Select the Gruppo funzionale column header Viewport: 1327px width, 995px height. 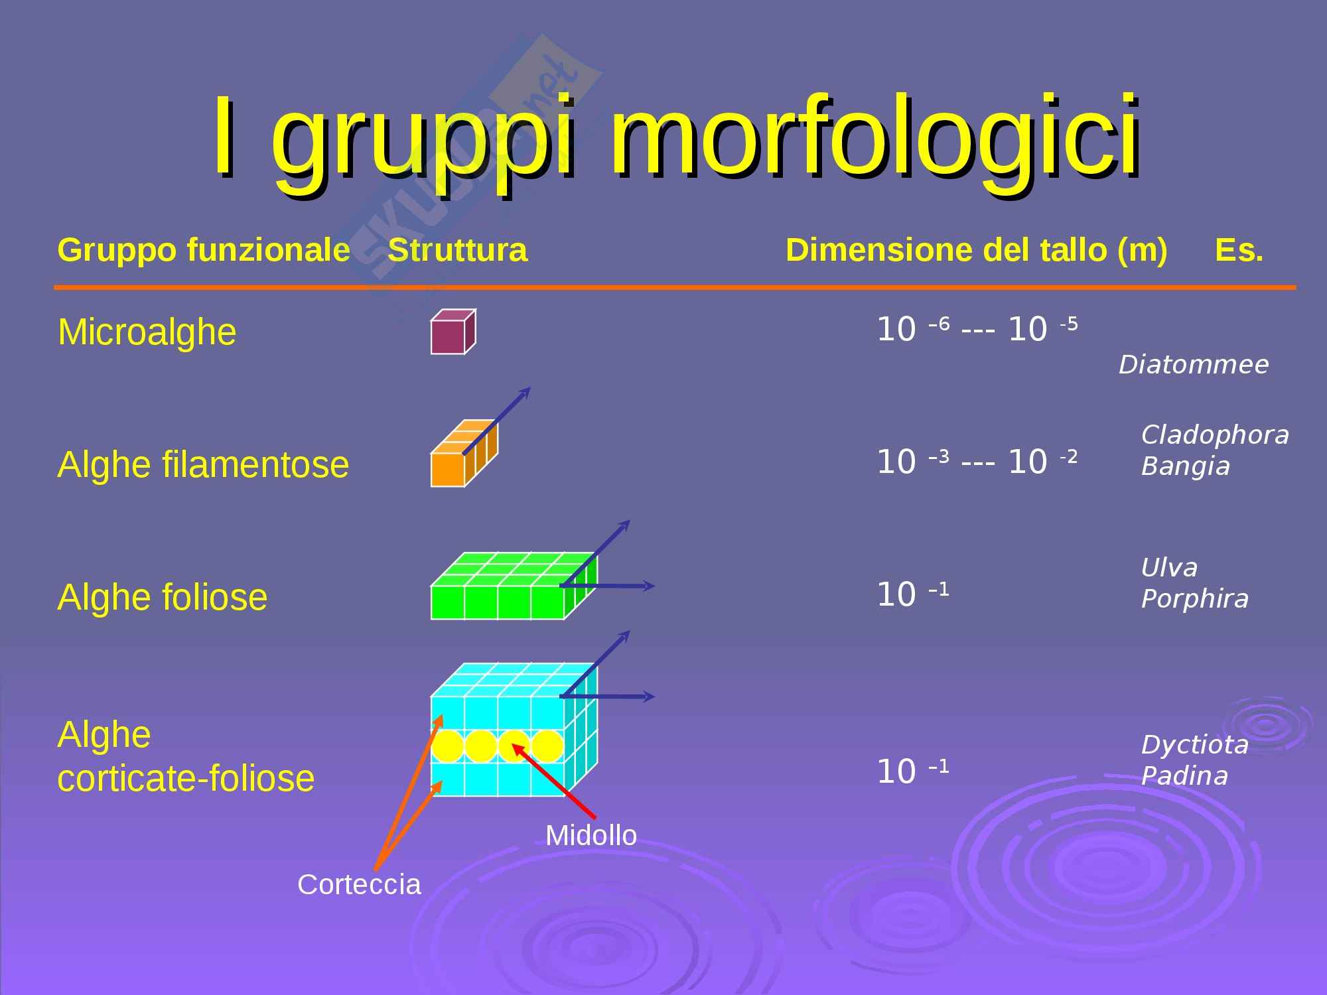[x=204, y=250]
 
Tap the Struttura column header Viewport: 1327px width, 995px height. [x=458, y=250]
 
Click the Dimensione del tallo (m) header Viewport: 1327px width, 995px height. [x=976, y=251]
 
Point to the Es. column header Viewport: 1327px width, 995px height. [x=1239, y=251]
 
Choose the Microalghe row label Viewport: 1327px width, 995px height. [x=147, y=332]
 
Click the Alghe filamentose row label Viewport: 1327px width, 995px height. [x=203, y=464]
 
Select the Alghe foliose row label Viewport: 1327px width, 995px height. [x=163, y=597]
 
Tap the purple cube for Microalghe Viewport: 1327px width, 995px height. [x=453, y=332]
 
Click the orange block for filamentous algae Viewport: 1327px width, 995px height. [x=464, y=453]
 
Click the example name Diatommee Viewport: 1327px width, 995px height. [x=1194, y=365]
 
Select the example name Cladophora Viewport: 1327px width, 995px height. [x=1215, y=435]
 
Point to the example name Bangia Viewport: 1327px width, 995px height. [x=1186, y=466]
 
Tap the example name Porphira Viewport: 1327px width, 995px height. [x=1194, y=599]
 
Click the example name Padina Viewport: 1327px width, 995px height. [x=1184, y=775]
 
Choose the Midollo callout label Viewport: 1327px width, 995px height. [x=591, y=835]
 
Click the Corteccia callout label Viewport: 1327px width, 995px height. [x=359, y=884]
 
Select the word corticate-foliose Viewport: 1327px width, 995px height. [x=186, y=778]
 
